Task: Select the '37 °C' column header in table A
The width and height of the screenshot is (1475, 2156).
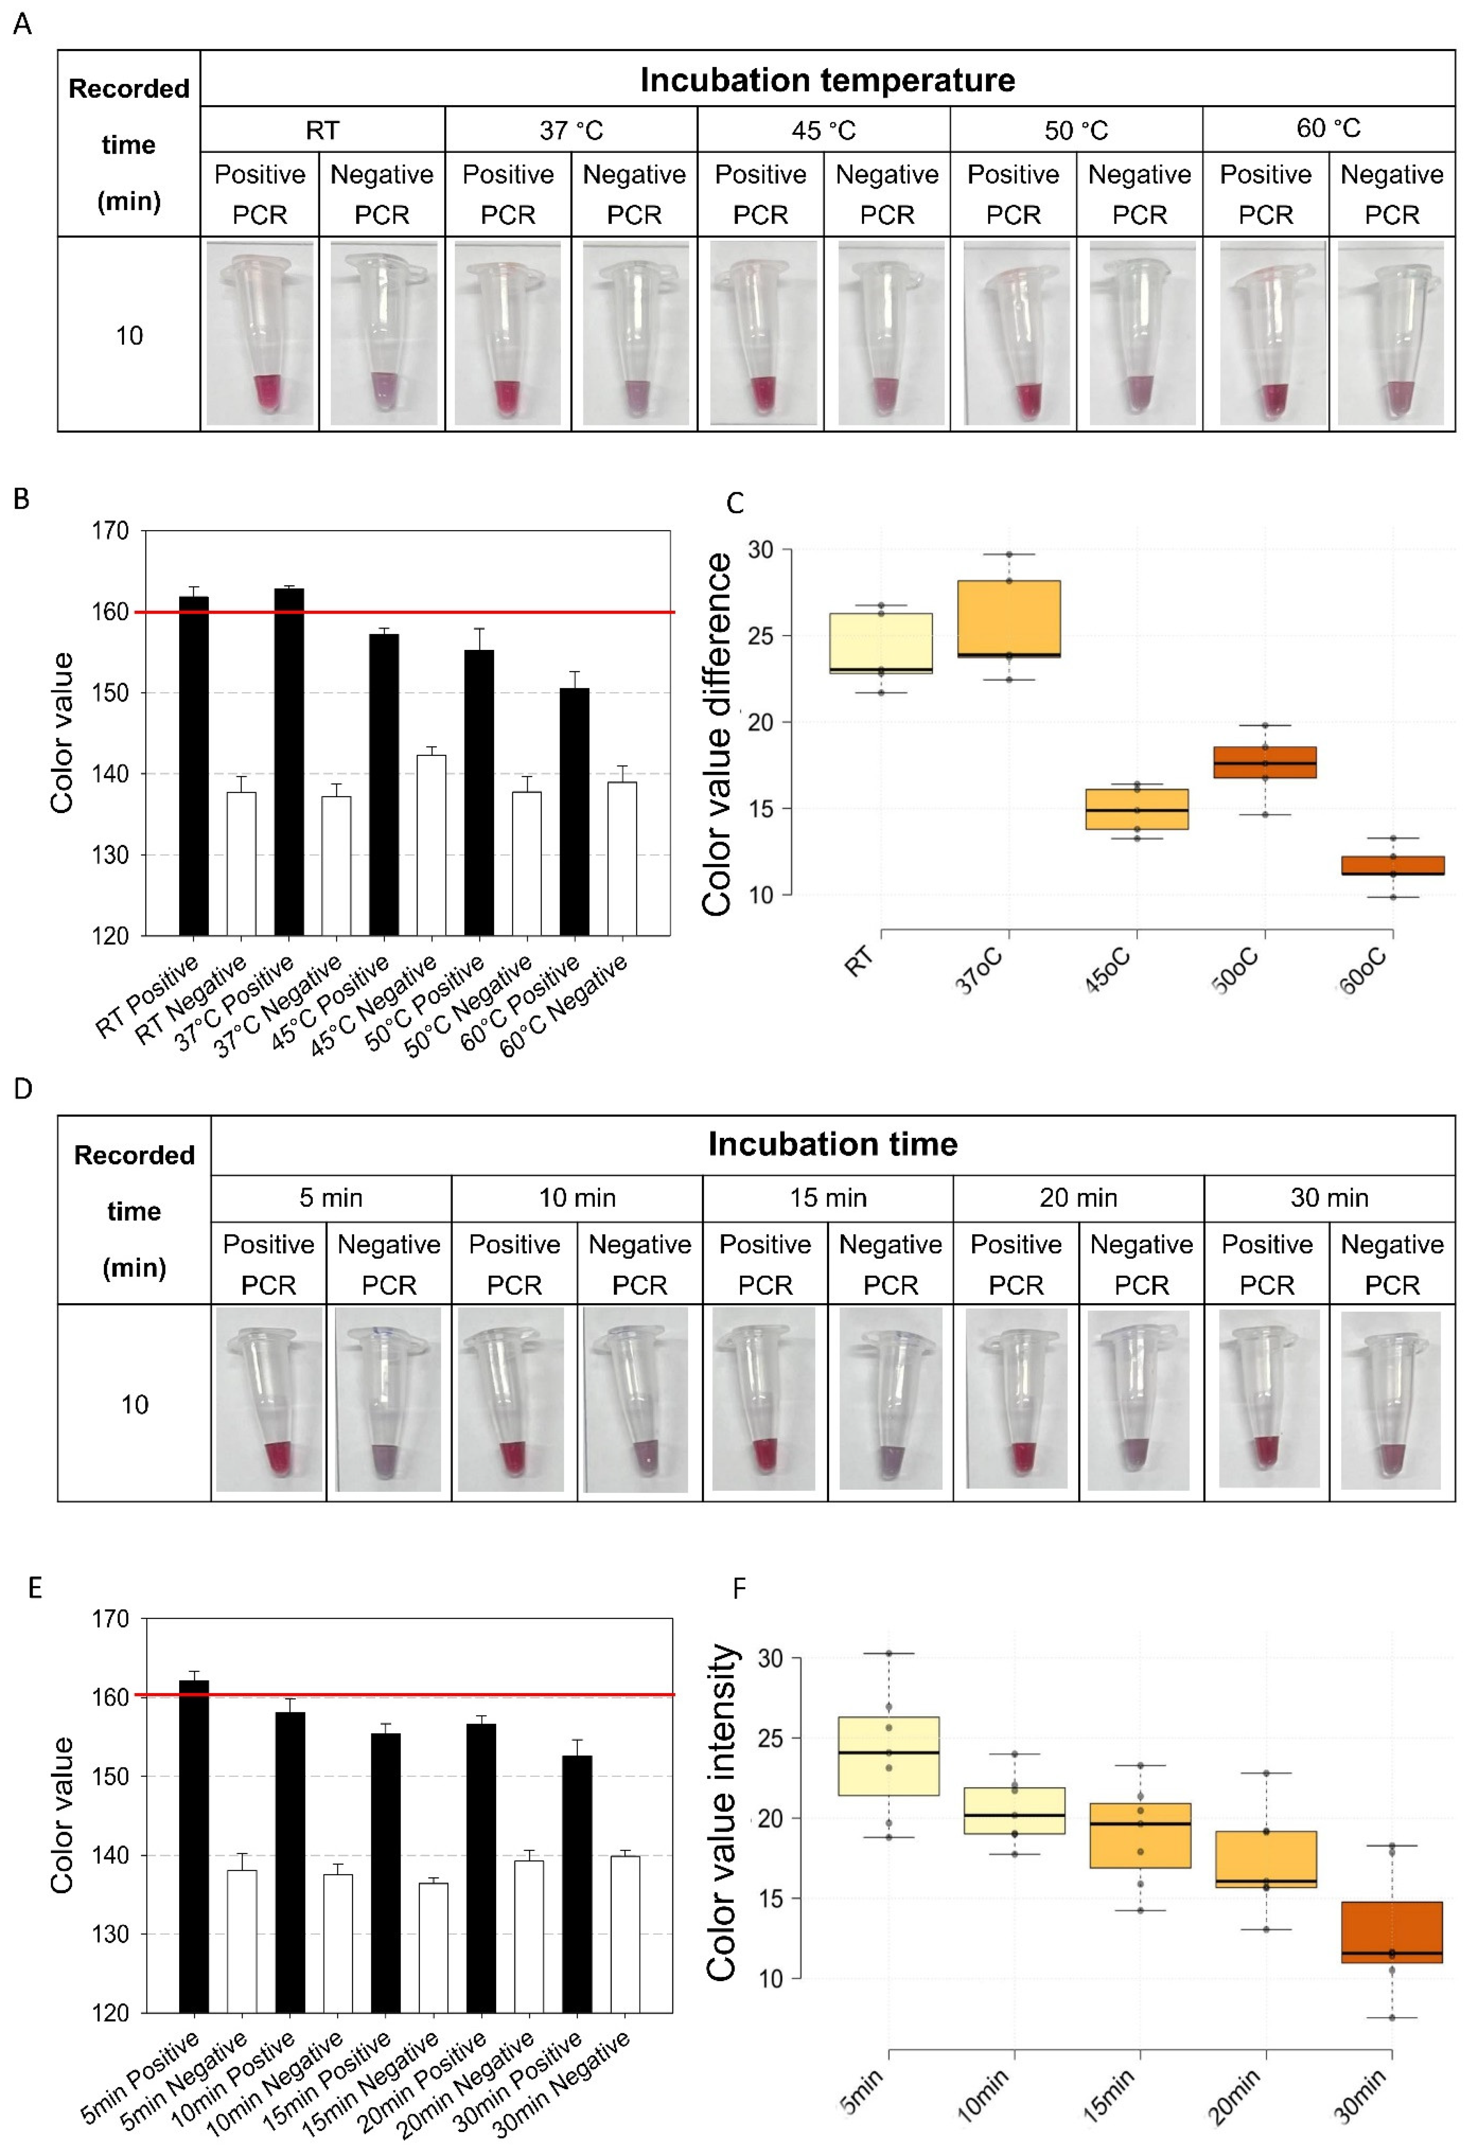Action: click(572, 130)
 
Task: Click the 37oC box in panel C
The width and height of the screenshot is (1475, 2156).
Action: click(1009, 619)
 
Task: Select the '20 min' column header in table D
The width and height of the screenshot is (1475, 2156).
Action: click(1078, 1198)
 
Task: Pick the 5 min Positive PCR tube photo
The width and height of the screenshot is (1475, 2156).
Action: click(269, 1399)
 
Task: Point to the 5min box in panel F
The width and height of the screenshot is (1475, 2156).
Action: click(889, 1756)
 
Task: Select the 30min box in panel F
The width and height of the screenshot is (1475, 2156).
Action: click(1391, 1932)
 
